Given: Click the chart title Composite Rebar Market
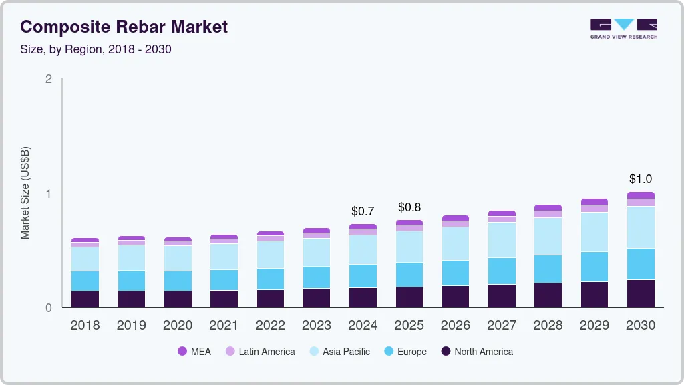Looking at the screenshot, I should [124, 27].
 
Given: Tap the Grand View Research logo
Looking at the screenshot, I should [623, 29].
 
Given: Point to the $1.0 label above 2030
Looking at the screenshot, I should [641, 179].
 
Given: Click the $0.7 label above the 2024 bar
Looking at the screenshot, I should [363, 211].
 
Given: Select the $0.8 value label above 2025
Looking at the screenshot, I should [409, 207].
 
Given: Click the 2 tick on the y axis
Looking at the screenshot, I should [48, 79].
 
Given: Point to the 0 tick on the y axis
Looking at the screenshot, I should [48, 308].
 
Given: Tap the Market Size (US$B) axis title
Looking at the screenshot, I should [25, 193].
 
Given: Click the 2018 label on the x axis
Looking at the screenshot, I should [85, 326].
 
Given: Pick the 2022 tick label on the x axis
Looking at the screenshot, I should [270, 326].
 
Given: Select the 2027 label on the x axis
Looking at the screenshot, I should [502, 326].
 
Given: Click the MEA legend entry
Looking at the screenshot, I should [194, 352].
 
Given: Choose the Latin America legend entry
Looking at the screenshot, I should [260, 352].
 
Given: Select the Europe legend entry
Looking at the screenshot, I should [405, 352].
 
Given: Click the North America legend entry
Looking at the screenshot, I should [477, 352].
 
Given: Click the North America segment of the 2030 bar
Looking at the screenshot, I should [641, 294].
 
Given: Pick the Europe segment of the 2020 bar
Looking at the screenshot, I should [178, 281].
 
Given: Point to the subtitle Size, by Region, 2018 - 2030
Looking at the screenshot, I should [100, 49].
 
